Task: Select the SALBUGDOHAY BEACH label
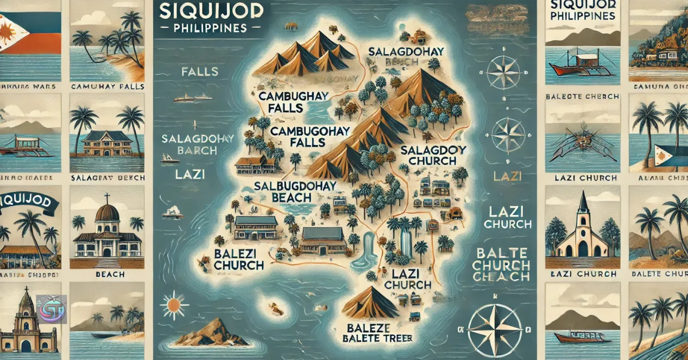pos(283,191)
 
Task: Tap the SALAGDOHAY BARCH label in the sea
pos(189,144)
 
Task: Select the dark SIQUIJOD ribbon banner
pos(28,201)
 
